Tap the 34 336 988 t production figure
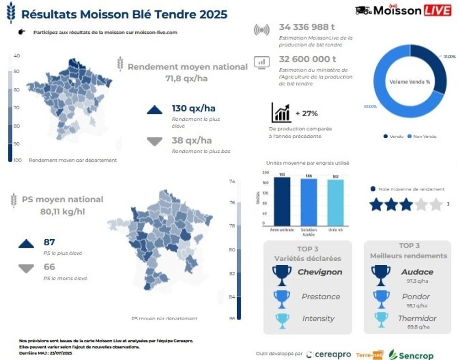pos(308,27)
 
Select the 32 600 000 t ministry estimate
pos(308,59)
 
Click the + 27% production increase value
pos(306,113)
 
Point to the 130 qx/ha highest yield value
pos(193,108)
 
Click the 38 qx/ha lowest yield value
pos(192,140)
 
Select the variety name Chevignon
pos(320,272)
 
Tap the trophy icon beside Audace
pos(381,273)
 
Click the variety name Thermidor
pos(417,318)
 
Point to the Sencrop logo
pos(410,355)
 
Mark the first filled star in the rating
pos(376,204)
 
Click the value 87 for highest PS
pos(49,242)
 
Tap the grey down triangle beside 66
pos(26,269)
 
